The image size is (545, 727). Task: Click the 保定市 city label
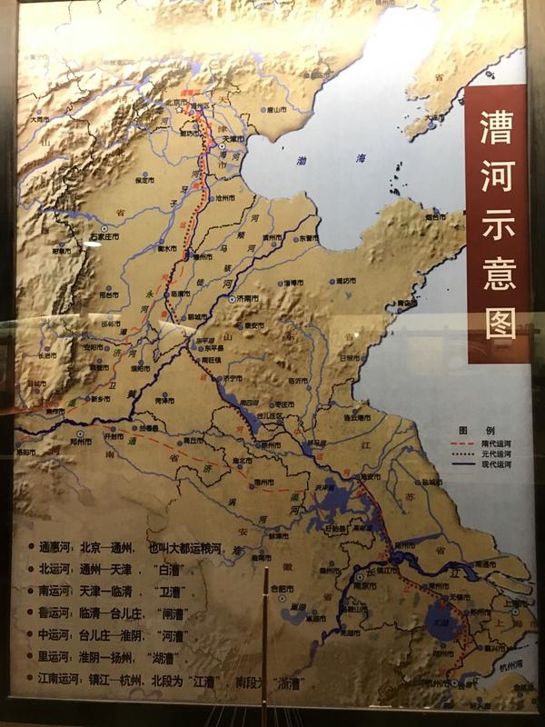click(x=146, y=180)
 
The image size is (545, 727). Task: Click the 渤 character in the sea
click(x=304, y=161)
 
